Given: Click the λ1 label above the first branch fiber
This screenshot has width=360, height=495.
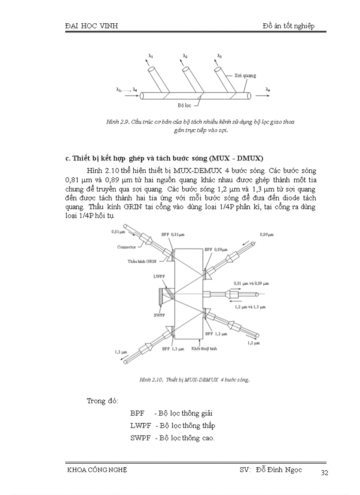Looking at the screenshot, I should coord(151,56).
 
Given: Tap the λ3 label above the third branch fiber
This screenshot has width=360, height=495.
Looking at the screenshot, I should coord(219,56).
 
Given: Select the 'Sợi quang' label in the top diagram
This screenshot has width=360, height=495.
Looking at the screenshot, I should coord(245,75).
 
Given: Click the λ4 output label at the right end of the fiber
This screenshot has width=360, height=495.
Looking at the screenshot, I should coord(268,89).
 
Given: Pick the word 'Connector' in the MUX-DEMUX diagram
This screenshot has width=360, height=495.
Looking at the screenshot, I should coord(127,247).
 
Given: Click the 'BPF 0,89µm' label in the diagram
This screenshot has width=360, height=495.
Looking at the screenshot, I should coord(216,249).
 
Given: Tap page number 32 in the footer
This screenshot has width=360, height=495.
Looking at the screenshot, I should coord(325,473).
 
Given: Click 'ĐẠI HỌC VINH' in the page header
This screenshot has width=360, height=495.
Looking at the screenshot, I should coord(91,26).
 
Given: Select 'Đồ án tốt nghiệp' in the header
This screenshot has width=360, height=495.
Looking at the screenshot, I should coord(288,26).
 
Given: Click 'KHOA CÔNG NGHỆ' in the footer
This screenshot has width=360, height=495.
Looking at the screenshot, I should coord(96,470).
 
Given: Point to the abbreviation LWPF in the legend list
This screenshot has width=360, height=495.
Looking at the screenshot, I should coord(141,426).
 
